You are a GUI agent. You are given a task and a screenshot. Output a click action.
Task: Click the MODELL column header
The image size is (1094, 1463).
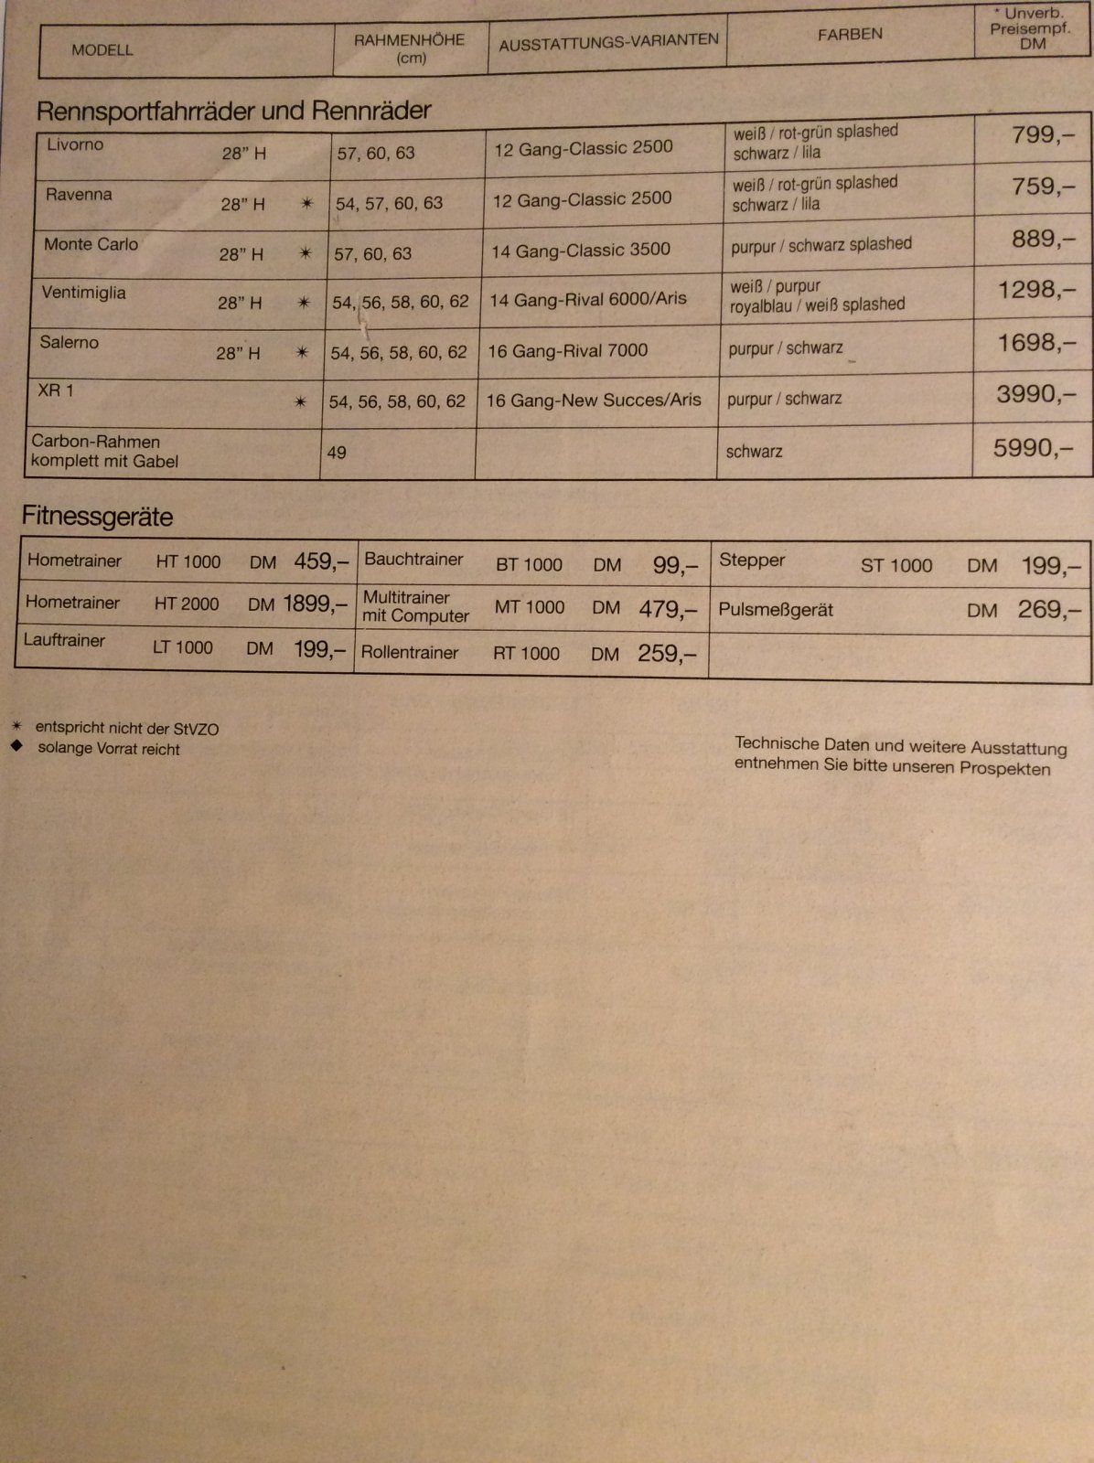tap(102, 49)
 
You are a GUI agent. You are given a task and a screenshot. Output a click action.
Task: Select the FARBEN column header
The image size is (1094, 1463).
tap(850, 35)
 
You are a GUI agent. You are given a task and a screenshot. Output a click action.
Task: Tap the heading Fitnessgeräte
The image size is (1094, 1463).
tap(97, 517)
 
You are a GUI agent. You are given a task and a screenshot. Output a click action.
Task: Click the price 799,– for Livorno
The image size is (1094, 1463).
tap(1043, 136)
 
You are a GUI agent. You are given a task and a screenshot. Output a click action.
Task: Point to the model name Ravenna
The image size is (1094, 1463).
tap(79, 195)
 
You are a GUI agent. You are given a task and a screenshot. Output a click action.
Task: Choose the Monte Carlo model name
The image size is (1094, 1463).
tap(91, 244)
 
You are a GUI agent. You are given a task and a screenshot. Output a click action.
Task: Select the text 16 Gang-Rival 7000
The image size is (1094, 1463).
tap(568, 350)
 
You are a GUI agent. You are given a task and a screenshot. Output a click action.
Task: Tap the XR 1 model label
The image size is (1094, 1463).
tap(56, 390)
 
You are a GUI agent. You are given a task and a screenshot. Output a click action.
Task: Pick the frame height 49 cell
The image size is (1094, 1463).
tap(337, 453)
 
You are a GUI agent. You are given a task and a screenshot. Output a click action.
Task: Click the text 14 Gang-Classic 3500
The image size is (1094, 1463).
tap(580, 250)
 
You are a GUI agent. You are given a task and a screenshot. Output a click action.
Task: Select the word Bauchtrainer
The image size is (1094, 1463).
tap(413, 559)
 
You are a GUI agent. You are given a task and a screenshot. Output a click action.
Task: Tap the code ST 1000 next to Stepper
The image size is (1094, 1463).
tap(896, 565)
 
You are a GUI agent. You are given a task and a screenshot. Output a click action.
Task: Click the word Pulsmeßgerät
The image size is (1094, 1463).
tap(776, 610)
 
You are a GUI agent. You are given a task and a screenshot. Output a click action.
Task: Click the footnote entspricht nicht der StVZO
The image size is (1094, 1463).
tap(126, 729)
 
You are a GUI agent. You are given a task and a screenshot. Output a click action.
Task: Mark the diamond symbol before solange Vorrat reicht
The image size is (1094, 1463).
tap(16, 746)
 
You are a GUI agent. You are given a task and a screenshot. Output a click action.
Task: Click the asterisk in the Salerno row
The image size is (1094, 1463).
tap(301, 352)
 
